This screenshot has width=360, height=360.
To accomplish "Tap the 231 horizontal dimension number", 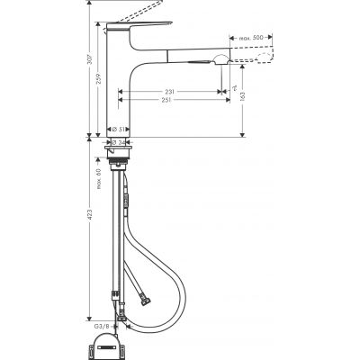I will coord(169,91).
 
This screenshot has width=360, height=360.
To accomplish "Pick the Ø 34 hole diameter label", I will coord(117,141).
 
